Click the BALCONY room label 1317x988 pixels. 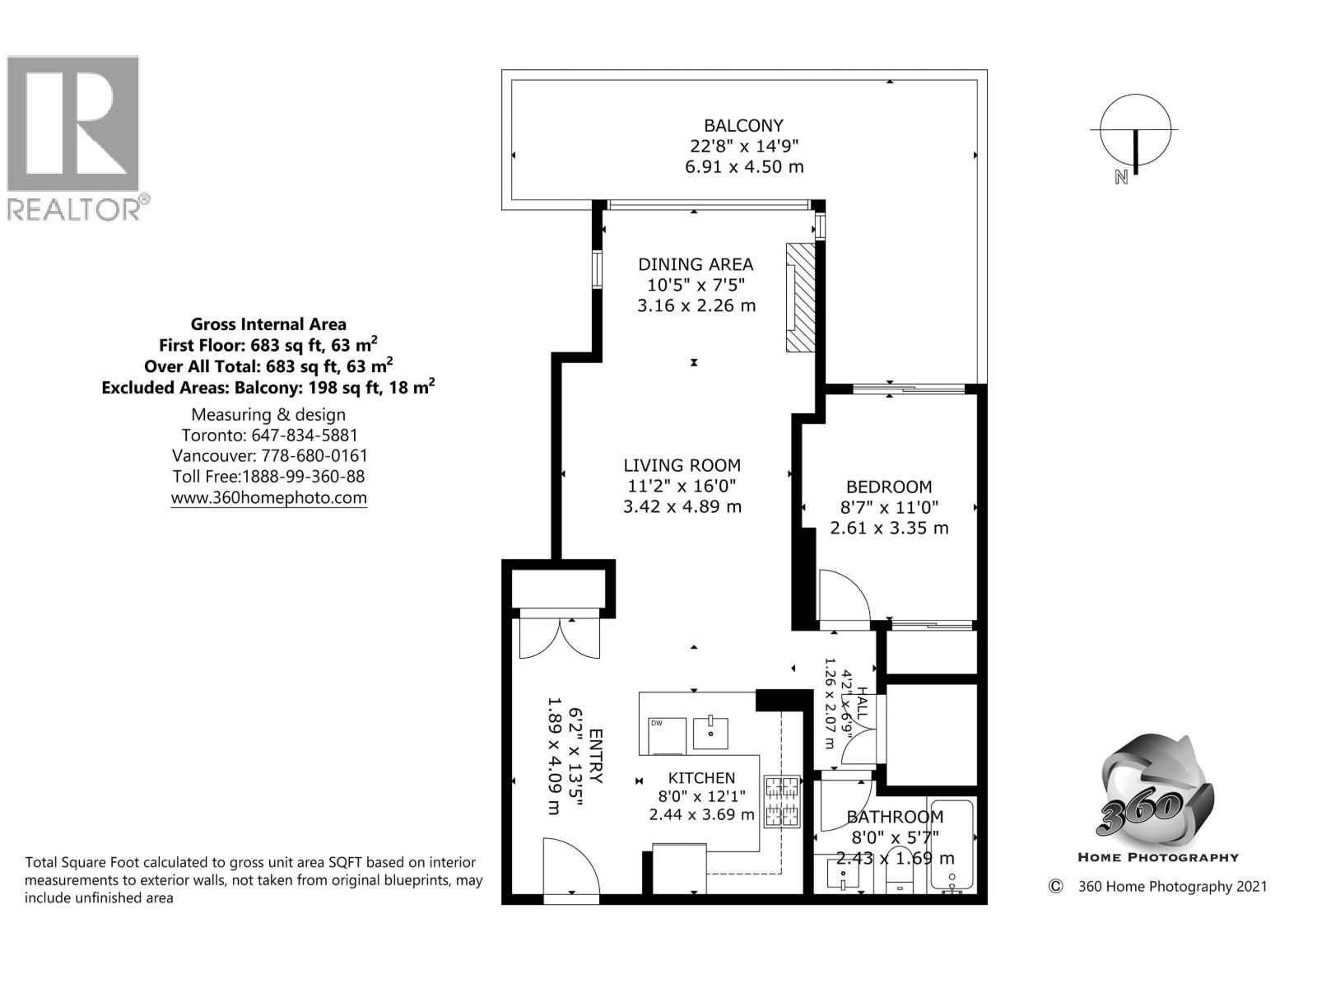pyautogui.click(x=743, y=126)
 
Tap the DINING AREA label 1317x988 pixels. pyautogui.click(x=696, y=264)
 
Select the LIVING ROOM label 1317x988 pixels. pyautogui.click(x=682, y=465)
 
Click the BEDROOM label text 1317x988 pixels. pyautogui.click(x=889, y=487)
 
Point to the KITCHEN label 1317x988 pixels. pyautogui.click(x=701, y=778)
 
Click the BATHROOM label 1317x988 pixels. pyautogui.click(x=895, y=817)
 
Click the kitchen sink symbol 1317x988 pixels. pyautogui.click(x=710, y=731)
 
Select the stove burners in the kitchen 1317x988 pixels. pyautogui.click(x=782, y=801)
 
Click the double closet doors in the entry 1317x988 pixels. pyautogui.click(x=560, y=638)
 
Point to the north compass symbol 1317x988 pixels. pyautogui.click(x=1135, y=133)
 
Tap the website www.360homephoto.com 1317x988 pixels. pyautogui.click(x=268, y=498)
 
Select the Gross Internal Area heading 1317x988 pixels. pyautogui.click(x=268, y=324)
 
